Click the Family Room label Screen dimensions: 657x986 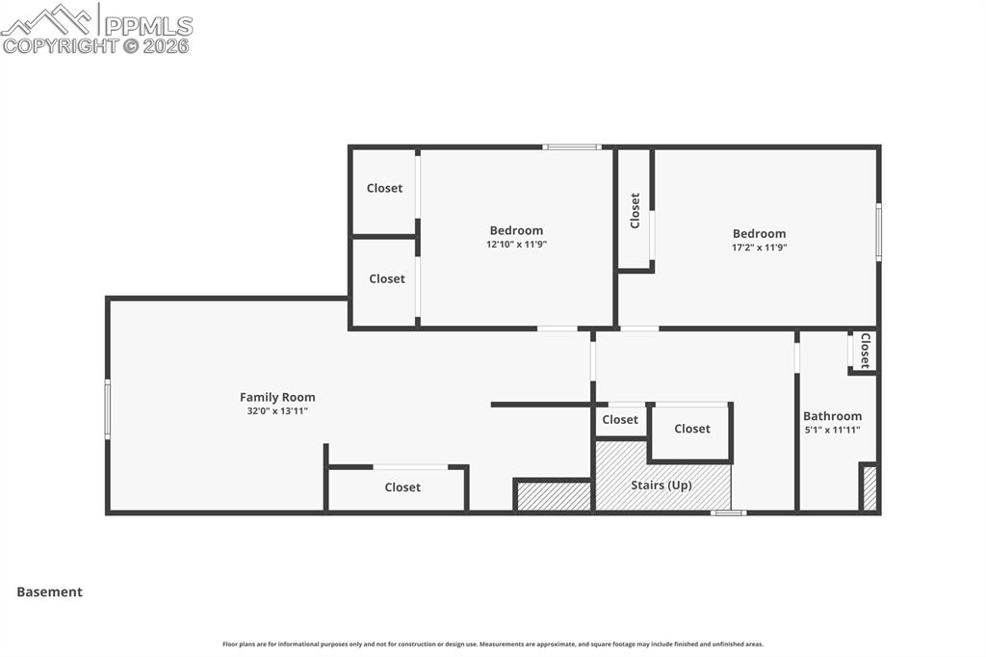point(277,397)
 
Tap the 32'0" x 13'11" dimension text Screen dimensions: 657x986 point(277,411)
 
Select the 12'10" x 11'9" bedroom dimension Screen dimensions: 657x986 point(516,245)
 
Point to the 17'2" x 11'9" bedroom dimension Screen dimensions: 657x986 point(759,248)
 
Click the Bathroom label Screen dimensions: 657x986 point(832,416)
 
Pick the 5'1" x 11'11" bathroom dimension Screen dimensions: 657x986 point(832,431)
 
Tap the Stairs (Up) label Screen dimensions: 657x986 point(661,486)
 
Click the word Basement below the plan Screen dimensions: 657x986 point(49,592)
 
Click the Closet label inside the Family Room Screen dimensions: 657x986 point(402,487)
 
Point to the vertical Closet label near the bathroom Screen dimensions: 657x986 point(865,351)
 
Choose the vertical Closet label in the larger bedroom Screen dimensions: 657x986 point(635,211)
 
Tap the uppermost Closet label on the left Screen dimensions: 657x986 point(384,188)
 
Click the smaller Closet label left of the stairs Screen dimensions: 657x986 point(620,420)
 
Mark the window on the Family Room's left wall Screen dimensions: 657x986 point(108,409)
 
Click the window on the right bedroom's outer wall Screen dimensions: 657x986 point(878,232)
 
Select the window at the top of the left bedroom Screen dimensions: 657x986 point(572,147)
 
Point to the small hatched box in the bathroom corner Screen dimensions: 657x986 point(869,487)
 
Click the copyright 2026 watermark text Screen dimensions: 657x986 point(96,45)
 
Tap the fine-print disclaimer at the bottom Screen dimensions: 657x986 point(493,644)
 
